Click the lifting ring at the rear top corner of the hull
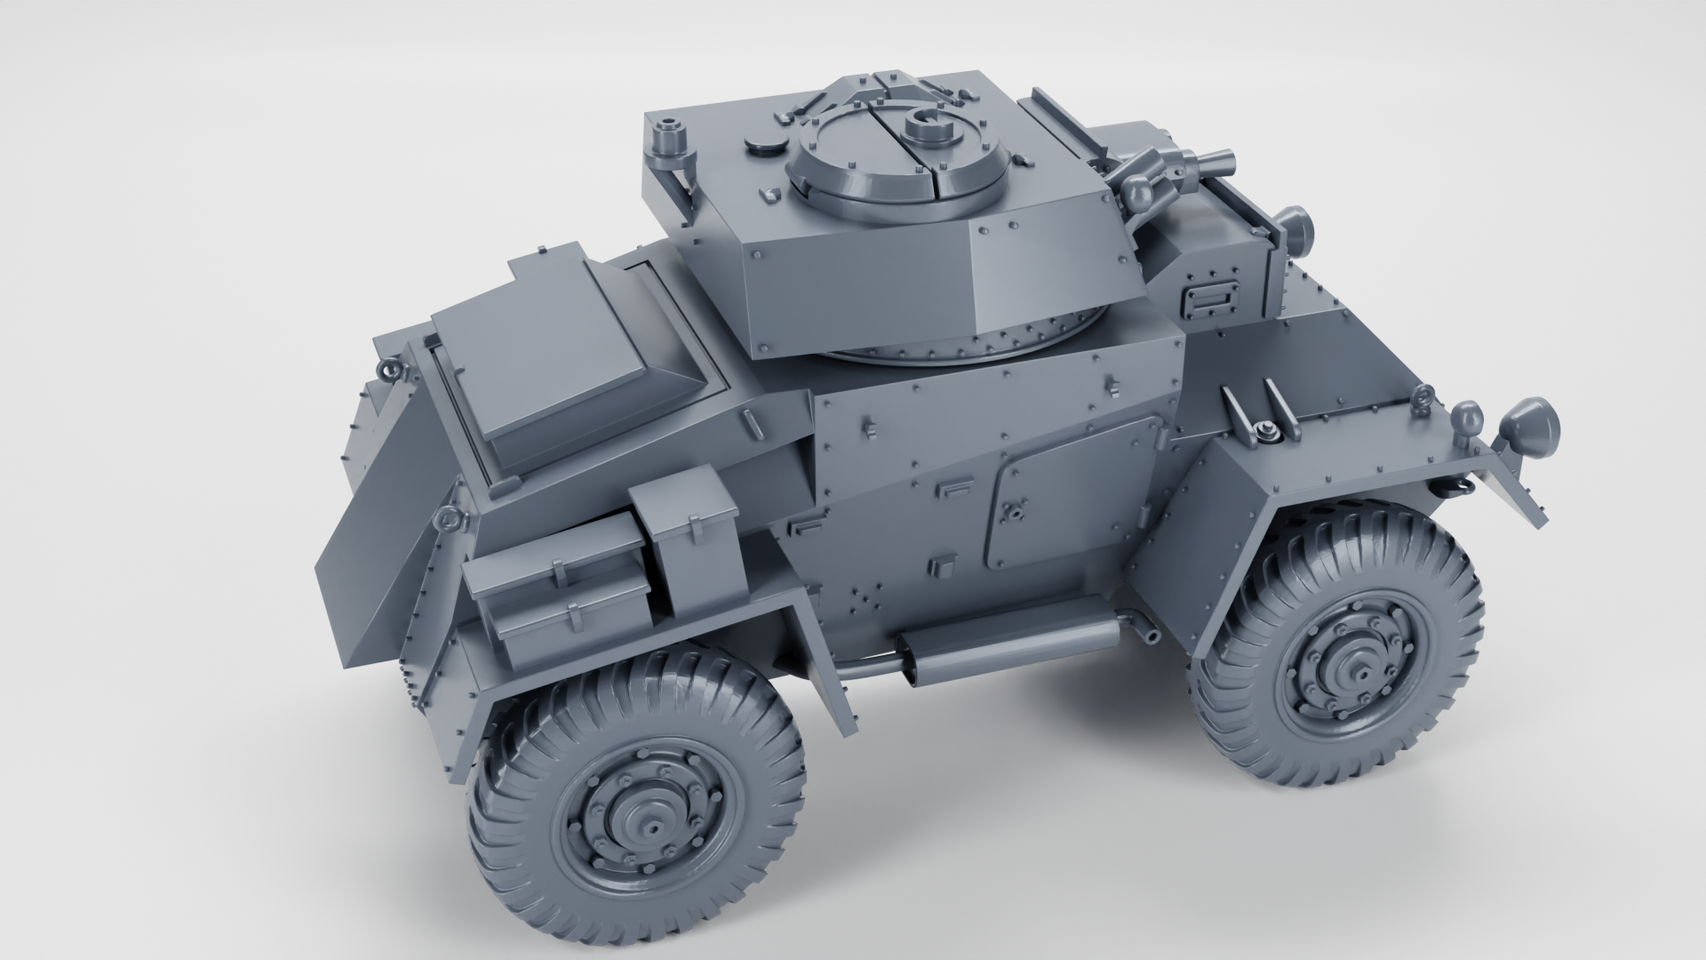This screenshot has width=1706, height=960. (387, 367)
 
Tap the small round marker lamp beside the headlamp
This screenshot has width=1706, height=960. (1463, 415)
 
